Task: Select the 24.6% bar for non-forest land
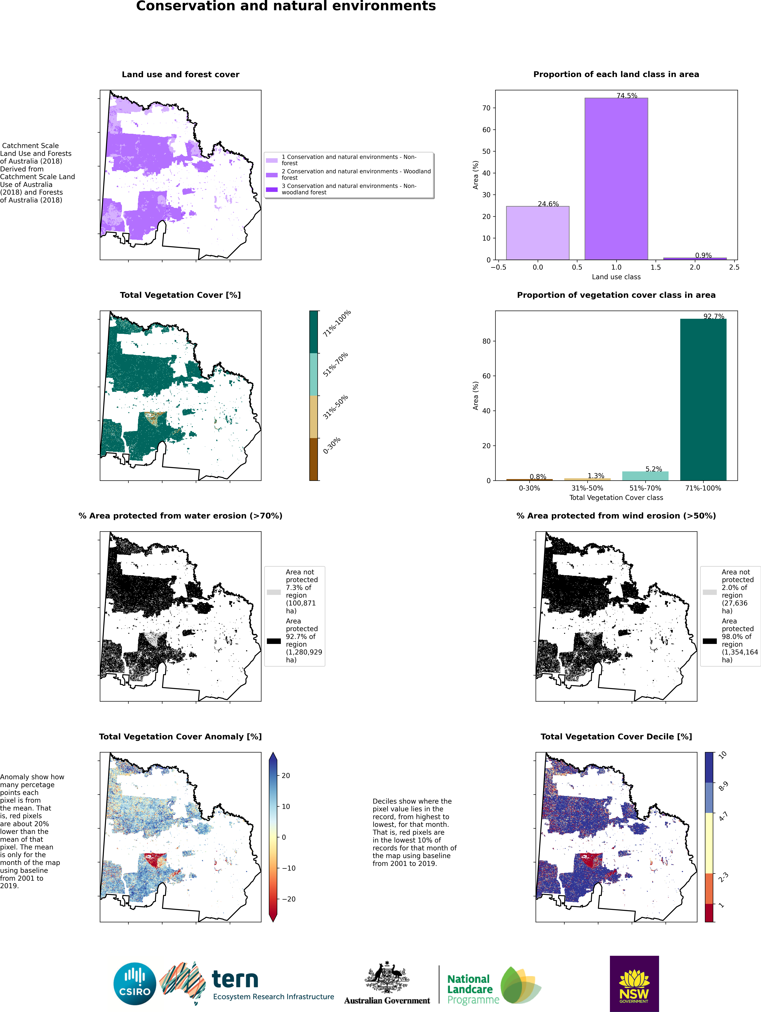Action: click(538, 233)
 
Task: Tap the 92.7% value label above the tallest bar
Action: click(714, 316)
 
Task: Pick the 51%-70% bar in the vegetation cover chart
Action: click(645, 476)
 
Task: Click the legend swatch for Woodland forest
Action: click(272, 175)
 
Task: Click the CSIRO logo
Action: click(135, 984)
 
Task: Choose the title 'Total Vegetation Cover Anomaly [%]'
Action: click(180, 737)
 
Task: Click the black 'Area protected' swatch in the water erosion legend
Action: click(274, 641)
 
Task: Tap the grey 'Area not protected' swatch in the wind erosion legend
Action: click(710, 592)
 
